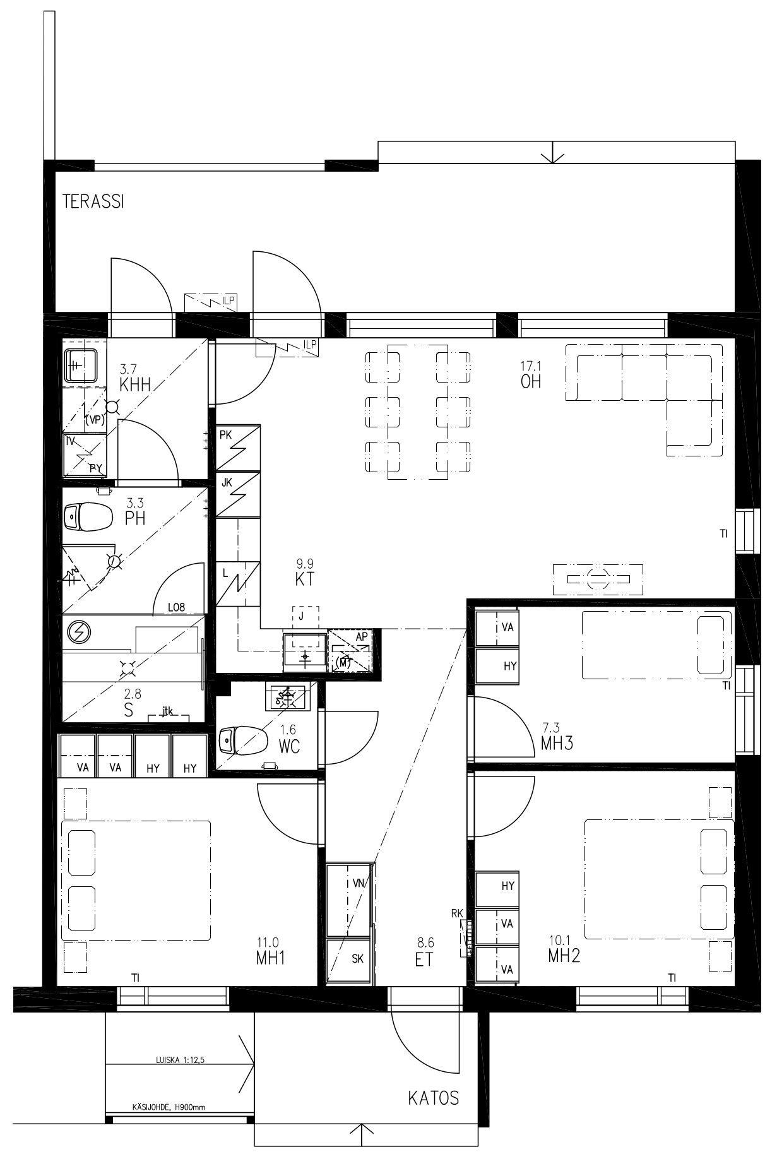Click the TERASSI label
[93, 201]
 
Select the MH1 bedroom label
[271, 958]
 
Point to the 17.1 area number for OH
[531, 366]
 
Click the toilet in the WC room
[241, 739]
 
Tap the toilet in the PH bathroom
[88, 516]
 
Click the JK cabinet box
[238, 494]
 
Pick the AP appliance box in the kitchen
[350, 650]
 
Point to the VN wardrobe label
[359, 884]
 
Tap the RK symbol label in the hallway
[458, 913]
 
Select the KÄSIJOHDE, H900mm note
[169, 1107]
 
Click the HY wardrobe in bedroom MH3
[496, 666]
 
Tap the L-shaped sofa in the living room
[644, 399]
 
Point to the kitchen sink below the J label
[305, 650]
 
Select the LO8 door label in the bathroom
[176, 607]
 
